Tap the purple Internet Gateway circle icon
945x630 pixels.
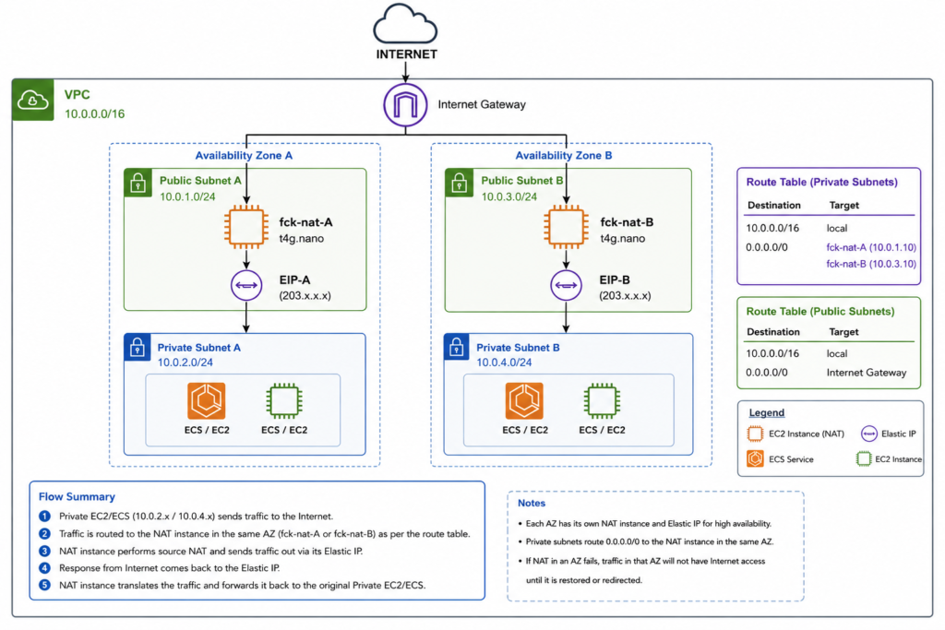pyautogui.click(x=406, y=105)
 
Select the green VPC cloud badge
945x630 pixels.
pyautogui.click(x=32, y=100)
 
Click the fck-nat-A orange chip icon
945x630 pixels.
pyautogui.click(x=245, y=227)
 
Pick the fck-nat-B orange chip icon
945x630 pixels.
pyautogui.click(x=566, y=227)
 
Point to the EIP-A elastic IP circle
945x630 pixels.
pyautogui.click(x=246, y=285)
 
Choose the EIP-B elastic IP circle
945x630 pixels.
pyautogui.click(x=566, y=285)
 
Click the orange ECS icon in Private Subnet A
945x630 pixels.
pyautogui.click(x=207, y=400)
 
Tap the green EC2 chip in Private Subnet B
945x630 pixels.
pyautogui.click(x=602, y=400)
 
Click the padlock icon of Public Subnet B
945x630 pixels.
pyautogui.click(x=459, y=183)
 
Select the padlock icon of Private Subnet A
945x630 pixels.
pyautogui.click(x=138, y=348)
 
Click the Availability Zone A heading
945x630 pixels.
pyautogui.click(x=244, y=155)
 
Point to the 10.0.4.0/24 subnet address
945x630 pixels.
pyautogui.click(x=504, y=362)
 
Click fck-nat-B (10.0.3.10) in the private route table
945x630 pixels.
pyautogui.click(x=871, y=264)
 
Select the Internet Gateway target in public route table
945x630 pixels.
pyautogui.click(x=866, y=373)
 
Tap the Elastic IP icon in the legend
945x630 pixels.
pyautogui.click(x=869, y=434)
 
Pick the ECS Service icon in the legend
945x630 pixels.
pyautogui.click(x=755, y=459)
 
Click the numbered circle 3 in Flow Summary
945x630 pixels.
pyautogui.click(x=44, y=551)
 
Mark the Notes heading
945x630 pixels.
pyautogui.click(x=532, y=503)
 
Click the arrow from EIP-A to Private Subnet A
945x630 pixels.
pyautogui.click(x=246, y=316)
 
